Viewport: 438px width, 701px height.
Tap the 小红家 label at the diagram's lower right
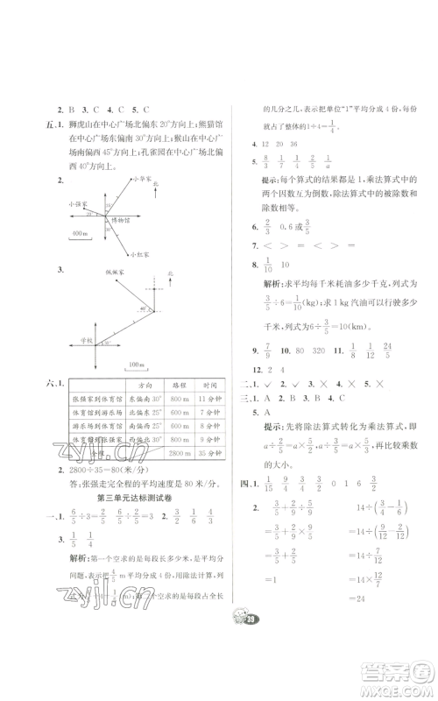click(138, 254)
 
